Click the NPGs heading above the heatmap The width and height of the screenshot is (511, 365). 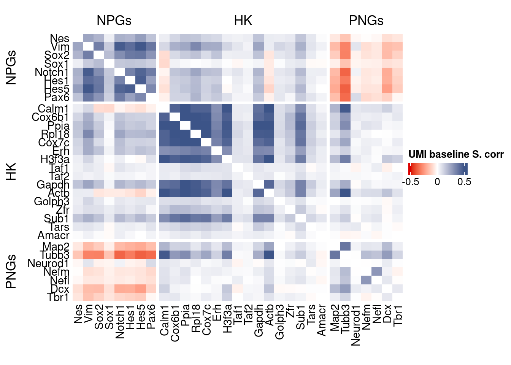pos(114,21)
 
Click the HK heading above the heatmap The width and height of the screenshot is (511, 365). pos(243,21)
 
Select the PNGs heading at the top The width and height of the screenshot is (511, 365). pos(366,21)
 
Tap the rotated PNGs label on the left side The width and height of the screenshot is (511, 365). pos(11,271)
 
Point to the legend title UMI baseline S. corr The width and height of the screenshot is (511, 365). pos(456,154)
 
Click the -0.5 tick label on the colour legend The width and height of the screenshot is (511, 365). pos(411,182)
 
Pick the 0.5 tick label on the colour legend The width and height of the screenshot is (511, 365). pos(464,182)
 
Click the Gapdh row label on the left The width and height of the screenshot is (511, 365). pos(53,185)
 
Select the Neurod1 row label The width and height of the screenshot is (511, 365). pos(48,263)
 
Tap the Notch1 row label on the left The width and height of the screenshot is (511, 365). pos(52,72)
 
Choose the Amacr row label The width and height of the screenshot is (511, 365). pos(53,235)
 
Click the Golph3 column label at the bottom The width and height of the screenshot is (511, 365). pos(279,322)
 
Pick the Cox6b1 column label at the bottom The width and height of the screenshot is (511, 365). pos(175,323)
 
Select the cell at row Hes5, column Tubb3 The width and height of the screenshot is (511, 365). pos(345,89)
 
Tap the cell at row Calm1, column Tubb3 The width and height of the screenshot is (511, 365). pos(345,109)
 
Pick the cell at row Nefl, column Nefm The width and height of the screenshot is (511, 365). pos(366,280)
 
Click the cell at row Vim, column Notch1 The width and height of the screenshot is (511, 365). pos(120,47)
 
